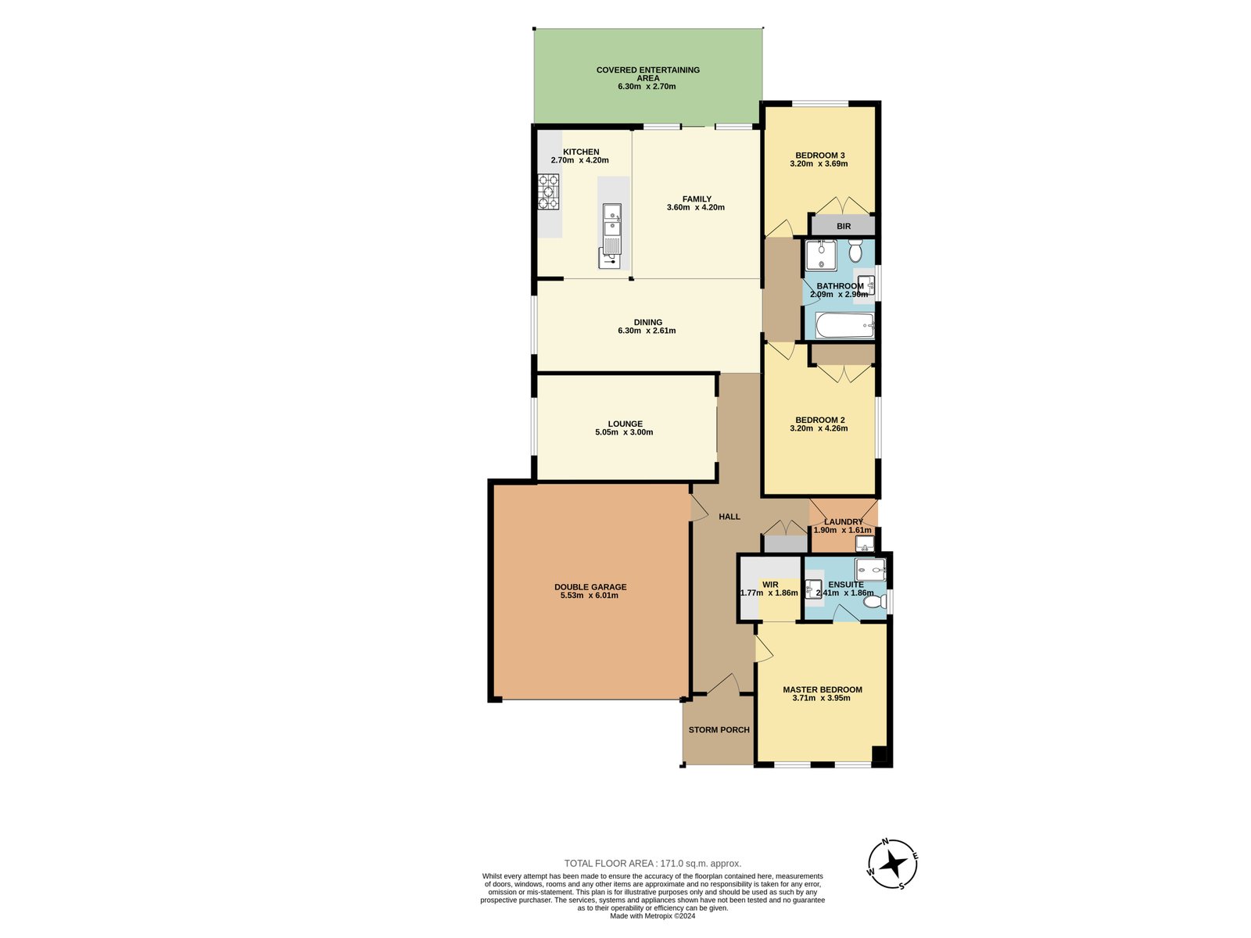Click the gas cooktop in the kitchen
click(x=548, y=192)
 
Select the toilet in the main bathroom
click(x=855, y=252)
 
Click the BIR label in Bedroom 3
click(x=843, y=227)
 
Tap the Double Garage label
click(x=590, y=587)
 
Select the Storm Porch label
click(x=719, y=730)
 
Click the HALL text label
click(x=729, y=517)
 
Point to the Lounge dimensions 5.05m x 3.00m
click(x=624, y=432)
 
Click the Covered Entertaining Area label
click(x=647, y=73)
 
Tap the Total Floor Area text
click(x=653, y=864)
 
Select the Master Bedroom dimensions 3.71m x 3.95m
click(x=821, y=698)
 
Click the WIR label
click(x=770, y=585)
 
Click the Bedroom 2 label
click(x=819, y=420)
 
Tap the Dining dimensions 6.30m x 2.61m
click(x=647, y=331)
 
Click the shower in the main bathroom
click(x=820, y=256)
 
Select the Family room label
click(x=696, y=199)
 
